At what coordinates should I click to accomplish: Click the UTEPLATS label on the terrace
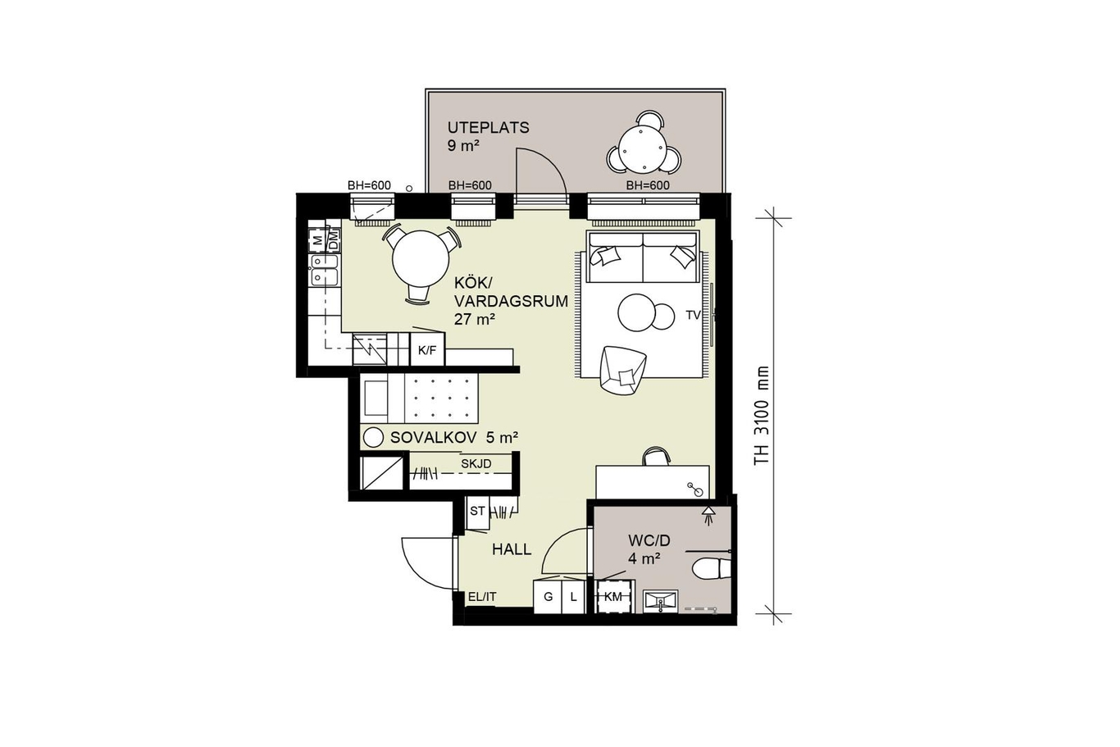(488, 127)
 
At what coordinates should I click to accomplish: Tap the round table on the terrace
(643, 149)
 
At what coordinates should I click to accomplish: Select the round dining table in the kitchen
(421, 258)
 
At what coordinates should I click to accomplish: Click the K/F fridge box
(427, 350)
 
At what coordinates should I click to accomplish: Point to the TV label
(693, 315)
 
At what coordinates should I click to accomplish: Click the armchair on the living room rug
(622, 371)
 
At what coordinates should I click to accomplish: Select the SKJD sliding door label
(476, 464)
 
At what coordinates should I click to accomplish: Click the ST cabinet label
(477, 511)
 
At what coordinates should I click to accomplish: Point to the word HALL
(512, 550)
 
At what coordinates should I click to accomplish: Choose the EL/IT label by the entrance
(482, 596)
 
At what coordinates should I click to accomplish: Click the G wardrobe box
(548, 596)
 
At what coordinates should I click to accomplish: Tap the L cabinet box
(573, 596)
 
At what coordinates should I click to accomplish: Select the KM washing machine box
(613, 596)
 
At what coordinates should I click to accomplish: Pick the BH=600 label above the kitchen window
(369, 185)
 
